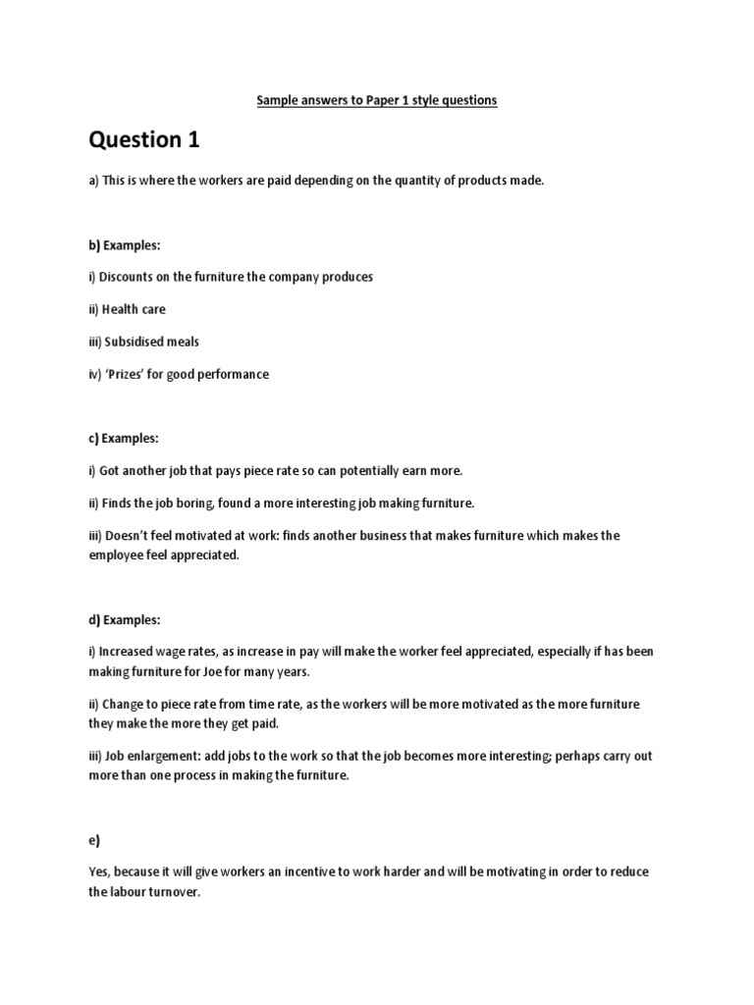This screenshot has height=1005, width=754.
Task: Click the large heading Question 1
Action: point(144,140)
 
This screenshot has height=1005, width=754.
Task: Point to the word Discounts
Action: point(128,277)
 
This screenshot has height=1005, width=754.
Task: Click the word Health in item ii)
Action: point(123,309)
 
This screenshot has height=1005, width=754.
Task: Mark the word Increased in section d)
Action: point(130,651)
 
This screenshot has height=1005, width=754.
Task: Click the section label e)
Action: point(94,840)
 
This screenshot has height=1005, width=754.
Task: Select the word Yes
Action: point(99,873)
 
